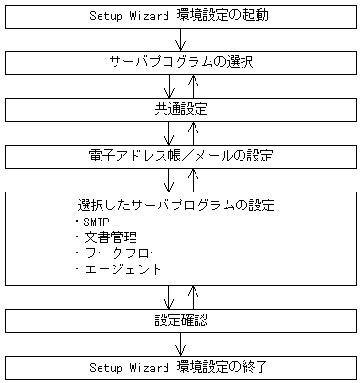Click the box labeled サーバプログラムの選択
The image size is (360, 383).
[x=180, y=62]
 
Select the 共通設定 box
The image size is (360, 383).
[x=180, y=109]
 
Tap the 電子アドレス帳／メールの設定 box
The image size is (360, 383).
[x=180, y=155]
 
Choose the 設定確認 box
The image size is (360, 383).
[x=180, y=320]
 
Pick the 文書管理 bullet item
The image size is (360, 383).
[x=103, y=237]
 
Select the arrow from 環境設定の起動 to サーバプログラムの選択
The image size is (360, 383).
[x=180, y=39]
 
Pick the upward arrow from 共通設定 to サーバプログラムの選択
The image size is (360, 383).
[x=191, y=85]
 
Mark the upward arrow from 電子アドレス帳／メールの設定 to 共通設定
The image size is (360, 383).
[x=191, y=131]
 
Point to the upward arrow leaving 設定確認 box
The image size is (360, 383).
[x=191, y=296]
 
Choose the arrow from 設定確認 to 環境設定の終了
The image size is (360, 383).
[x=180, y=343]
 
